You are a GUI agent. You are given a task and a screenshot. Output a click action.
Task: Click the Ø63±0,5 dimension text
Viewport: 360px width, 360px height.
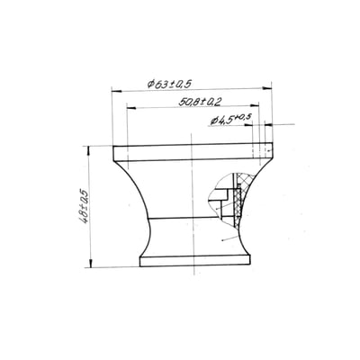click(169, 84)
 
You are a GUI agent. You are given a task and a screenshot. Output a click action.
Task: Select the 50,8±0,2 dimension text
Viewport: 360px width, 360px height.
click(200, 102)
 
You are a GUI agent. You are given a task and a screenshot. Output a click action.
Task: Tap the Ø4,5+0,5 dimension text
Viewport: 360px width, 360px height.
click(231, 120)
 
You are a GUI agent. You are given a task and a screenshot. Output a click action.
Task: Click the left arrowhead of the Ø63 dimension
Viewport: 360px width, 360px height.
click(116, 90)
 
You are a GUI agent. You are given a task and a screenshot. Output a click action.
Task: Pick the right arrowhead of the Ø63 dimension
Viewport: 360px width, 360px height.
click(266, 88)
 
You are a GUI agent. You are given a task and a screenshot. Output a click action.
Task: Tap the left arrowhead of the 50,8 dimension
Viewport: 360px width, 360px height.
click(131, 107)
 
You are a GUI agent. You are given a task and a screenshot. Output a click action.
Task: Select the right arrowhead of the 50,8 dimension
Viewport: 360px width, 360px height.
click(255, 105)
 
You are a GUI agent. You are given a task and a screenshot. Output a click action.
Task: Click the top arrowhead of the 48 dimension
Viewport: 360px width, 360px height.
click(88, 150)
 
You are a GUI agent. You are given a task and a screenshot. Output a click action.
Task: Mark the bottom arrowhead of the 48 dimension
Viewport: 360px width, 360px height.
click(90, 263)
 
